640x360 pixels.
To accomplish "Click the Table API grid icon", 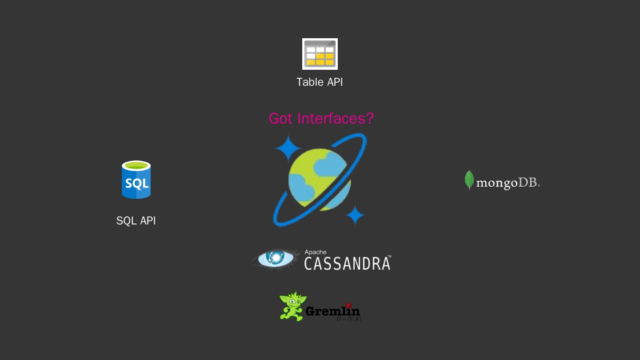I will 320,54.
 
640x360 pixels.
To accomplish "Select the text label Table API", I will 320,82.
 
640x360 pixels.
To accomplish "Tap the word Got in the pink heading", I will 281,119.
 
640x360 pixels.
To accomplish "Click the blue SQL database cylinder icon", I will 136,180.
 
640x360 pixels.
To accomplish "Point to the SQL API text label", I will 136,220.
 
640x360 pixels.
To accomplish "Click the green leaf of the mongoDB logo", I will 469,180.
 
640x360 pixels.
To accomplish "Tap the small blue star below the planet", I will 355,216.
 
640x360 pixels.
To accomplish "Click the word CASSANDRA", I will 347,263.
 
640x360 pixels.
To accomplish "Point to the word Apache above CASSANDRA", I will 315,252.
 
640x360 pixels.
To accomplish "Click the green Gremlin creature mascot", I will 292,306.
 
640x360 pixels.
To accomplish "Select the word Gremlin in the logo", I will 332,312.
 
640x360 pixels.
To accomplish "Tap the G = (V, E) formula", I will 349,319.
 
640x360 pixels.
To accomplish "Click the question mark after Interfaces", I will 369,119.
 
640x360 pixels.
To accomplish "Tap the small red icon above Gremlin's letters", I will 348,305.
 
